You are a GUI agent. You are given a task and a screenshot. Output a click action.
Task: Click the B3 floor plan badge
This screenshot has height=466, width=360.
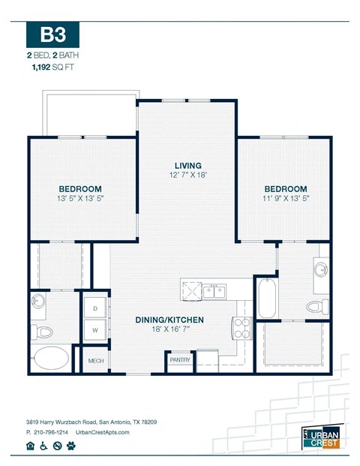pos(52,35)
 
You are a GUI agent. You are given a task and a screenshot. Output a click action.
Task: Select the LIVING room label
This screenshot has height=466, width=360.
pos(187,165)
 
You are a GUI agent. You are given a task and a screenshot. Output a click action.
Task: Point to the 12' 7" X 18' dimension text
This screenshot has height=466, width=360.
pos(187,176)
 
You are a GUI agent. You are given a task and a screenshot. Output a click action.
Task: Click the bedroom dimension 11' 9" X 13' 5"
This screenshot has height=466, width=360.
pos(284,199)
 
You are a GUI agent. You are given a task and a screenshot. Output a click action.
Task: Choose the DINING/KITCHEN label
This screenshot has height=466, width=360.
pos(169,320)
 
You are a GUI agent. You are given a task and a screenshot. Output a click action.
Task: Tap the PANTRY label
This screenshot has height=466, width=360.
pos(180,360)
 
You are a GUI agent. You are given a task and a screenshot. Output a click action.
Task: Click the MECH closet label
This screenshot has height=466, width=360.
pos(95,360)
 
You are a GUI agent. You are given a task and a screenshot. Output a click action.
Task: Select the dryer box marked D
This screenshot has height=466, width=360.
pos(96,308)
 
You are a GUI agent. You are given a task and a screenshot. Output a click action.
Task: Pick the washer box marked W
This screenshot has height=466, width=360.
pos(96,329)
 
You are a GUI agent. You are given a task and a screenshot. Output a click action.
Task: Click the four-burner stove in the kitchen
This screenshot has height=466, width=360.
pos(241,327)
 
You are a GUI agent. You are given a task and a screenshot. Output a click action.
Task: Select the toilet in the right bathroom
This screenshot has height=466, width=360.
pos(316,306)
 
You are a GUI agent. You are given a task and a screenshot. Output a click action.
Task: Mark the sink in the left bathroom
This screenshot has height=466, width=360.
pos(39,302)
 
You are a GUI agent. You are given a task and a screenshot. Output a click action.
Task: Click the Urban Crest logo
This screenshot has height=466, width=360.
pos(322,436)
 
